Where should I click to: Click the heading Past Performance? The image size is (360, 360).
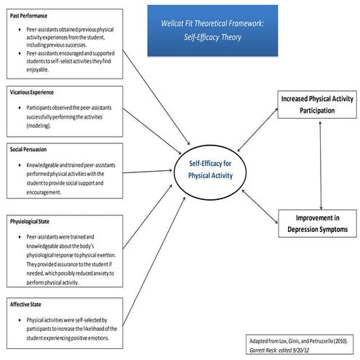[28, 15]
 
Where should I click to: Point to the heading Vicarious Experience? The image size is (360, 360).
[33, 92]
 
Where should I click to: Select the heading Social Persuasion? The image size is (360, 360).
[31, 148]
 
